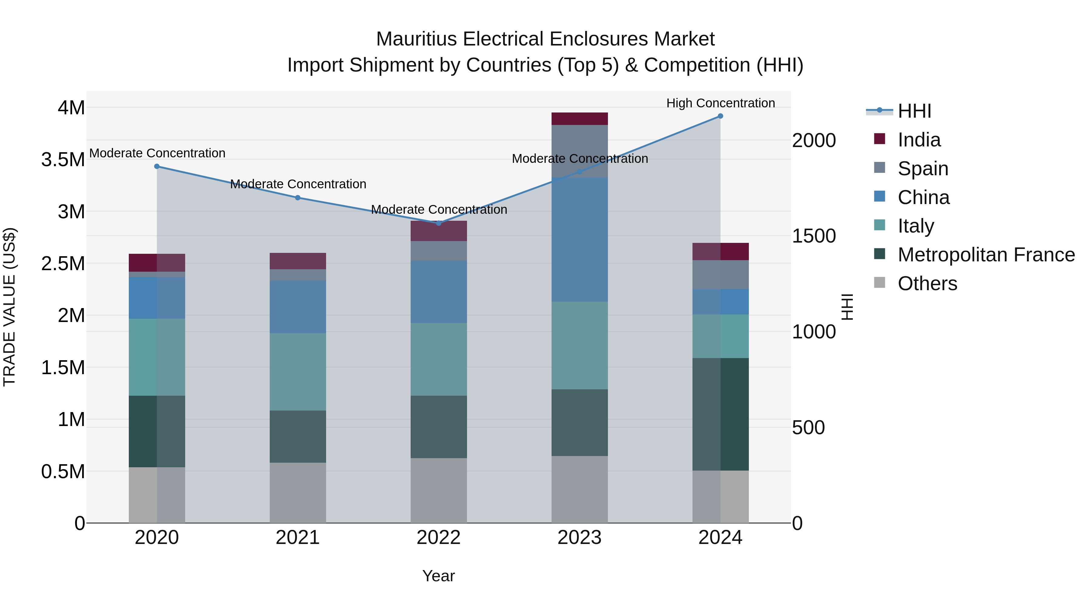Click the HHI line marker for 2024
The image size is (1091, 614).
pyautogui.click(x=720, y=116)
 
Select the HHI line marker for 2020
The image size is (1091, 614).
pyautogui.click(x=157, y=166)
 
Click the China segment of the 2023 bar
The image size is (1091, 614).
pyautogui.click(x=579, y=240)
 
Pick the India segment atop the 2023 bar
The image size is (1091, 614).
pyautogui.click(x=579, y=119)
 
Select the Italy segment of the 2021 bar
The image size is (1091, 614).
pyautogui.click(x=298, y=372)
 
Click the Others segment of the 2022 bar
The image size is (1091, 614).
pyautogui.click(x=439, y=490)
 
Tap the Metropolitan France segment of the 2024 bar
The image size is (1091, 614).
pyautogui.click(x=720, y=414)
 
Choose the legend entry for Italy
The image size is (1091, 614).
pyautogui.click(x=916, y=226)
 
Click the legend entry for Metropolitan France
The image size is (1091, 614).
pyautogui.click(x=986, y=255)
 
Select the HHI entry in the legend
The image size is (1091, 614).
pyautogui.click(x=914, y=111)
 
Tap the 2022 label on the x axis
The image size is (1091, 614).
pyautogui.click(x=439, y=538)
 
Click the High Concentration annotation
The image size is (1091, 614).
pyautogui.click(x=720, y=103)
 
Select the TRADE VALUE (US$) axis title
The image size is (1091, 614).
pyautogui.click(x=9, y=307)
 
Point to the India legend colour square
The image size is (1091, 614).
pyautogui.click(x=880, y=139)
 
